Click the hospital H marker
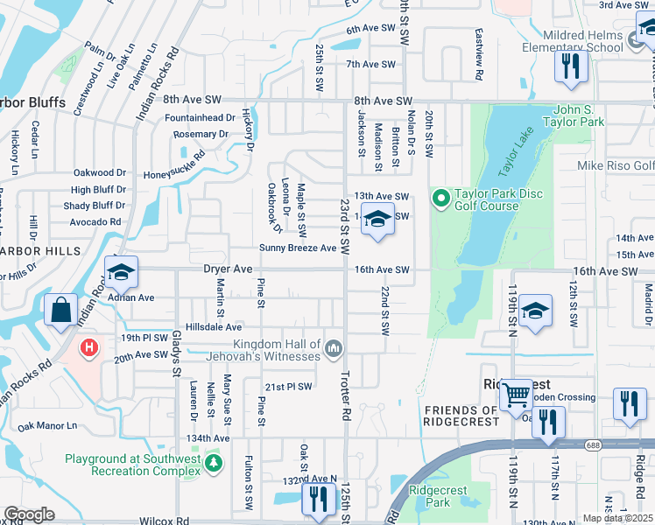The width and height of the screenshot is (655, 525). click(x=88, y=348)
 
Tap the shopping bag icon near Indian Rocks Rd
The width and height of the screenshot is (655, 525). click(x=60, y=311)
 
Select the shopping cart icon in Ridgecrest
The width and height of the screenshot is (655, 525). click(x=515, y=395)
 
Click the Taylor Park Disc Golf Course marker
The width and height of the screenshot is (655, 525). click(x=440, y=199)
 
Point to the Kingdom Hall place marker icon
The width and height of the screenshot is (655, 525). click(x=333, y=350)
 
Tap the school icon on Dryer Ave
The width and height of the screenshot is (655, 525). click(x=122, y=272)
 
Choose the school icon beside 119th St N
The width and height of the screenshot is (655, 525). click(x=534, y=311)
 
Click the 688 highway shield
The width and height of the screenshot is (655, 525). click(x=594, y=445)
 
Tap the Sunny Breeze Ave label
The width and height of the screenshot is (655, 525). click(x=298, y=248)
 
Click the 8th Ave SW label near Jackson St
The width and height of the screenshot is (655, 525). click(x=383, y=101)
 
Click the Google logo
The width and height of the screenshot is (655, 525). click(x=29, y=514)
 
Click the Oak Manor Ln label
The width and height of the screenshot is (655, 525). click(x=47, y=426)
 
